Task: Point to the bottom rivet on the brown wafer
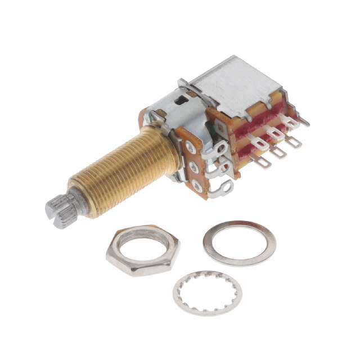click(197, 186)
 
